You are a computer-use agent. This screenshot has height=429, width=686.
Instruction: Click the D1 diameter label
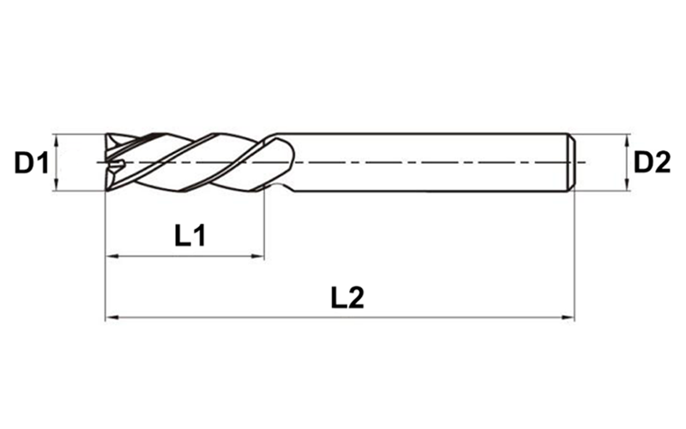tap(28, 161)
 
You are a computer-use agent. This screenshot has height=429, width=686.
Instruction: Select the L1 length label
tap(190, 233)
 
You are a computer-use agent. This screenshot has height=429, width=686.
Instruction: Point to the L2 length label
tap(347, 298)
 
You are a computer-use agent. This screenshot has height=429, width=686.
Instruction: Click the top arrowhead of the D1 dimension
tap(56, 138)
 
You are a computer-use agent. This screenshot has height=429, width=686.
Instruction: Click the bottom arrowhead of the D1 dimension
tap(56, 186)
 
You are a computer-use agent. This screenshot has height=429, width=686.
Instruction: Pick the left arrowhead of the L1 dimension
tap(110, 257)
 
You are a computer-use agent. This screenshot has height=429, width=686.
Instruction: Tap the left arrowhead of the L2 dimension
tap(110, 318)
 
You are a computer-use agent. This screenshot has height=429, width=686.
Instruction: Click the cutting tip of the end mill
tap(108, 162)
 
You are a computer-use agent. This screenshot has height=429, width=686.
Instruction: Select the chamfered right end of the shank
tap(570, 161)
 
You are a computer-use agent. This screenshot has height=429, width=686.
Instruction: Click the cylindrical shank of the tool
tap(429, 161)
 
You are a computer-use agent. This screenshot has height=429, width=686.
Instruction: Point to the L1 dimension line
tap(184, 257)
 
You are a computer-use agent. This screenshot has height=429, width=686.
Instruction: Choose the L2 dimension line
tap(343, 318)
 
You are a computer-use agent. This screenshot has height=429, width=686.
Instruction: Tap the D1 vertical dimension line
tap(56, 162)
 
